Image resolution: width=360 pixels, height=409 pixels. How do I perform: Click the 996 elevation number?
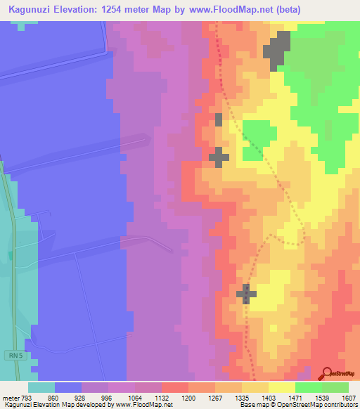tap(108, 397)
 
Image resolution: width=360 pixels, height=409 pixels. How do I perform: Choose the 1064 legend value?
tap(135, 397)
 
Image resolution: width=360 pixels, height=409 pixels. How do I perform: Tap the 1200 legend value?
tap(188, 397)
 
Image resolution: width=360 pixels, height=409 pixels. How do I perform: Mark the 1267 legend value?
tap(215, 397)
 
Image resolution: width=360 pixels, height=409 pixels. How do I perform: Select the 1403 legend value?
tap(269, 397)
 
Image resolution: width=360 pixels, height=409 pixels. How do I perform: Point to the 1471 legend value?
tap(295, 397)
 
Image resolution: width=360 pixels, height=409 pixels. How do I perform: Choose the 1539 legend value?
tap(322, 397)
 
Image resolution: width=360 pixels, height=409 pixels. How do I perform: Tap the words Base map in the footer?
tap(251, 405)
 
